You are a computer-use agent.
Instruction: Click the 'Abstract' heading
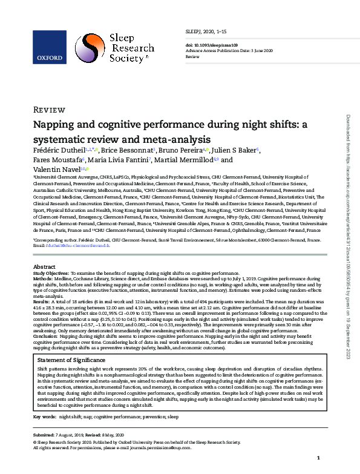(44, 266)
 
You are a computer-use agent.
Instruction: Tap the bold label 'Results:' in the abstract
(41, 300)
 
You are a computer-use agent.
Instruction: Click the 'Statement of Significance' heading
(70, 360)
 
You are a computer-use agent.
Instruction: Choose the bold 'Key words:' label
(44, 417)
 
